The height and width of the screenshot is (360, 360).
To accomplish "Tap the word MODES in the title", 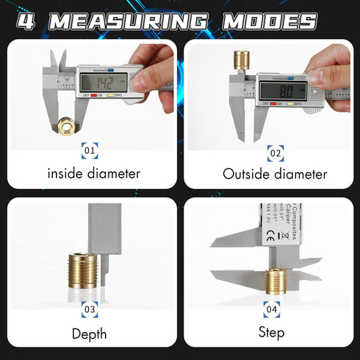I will point(270,20).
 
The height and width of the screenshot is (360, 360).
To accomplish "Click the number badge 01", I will point(90,152).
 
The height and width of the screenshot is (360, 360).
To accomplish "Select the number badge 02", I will point(273,152).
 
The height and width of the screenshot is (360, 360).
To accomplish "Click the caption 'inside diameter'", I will point(93,175).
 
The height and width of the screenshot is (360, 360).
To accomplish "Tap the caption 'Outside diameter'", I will point(274,175).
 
